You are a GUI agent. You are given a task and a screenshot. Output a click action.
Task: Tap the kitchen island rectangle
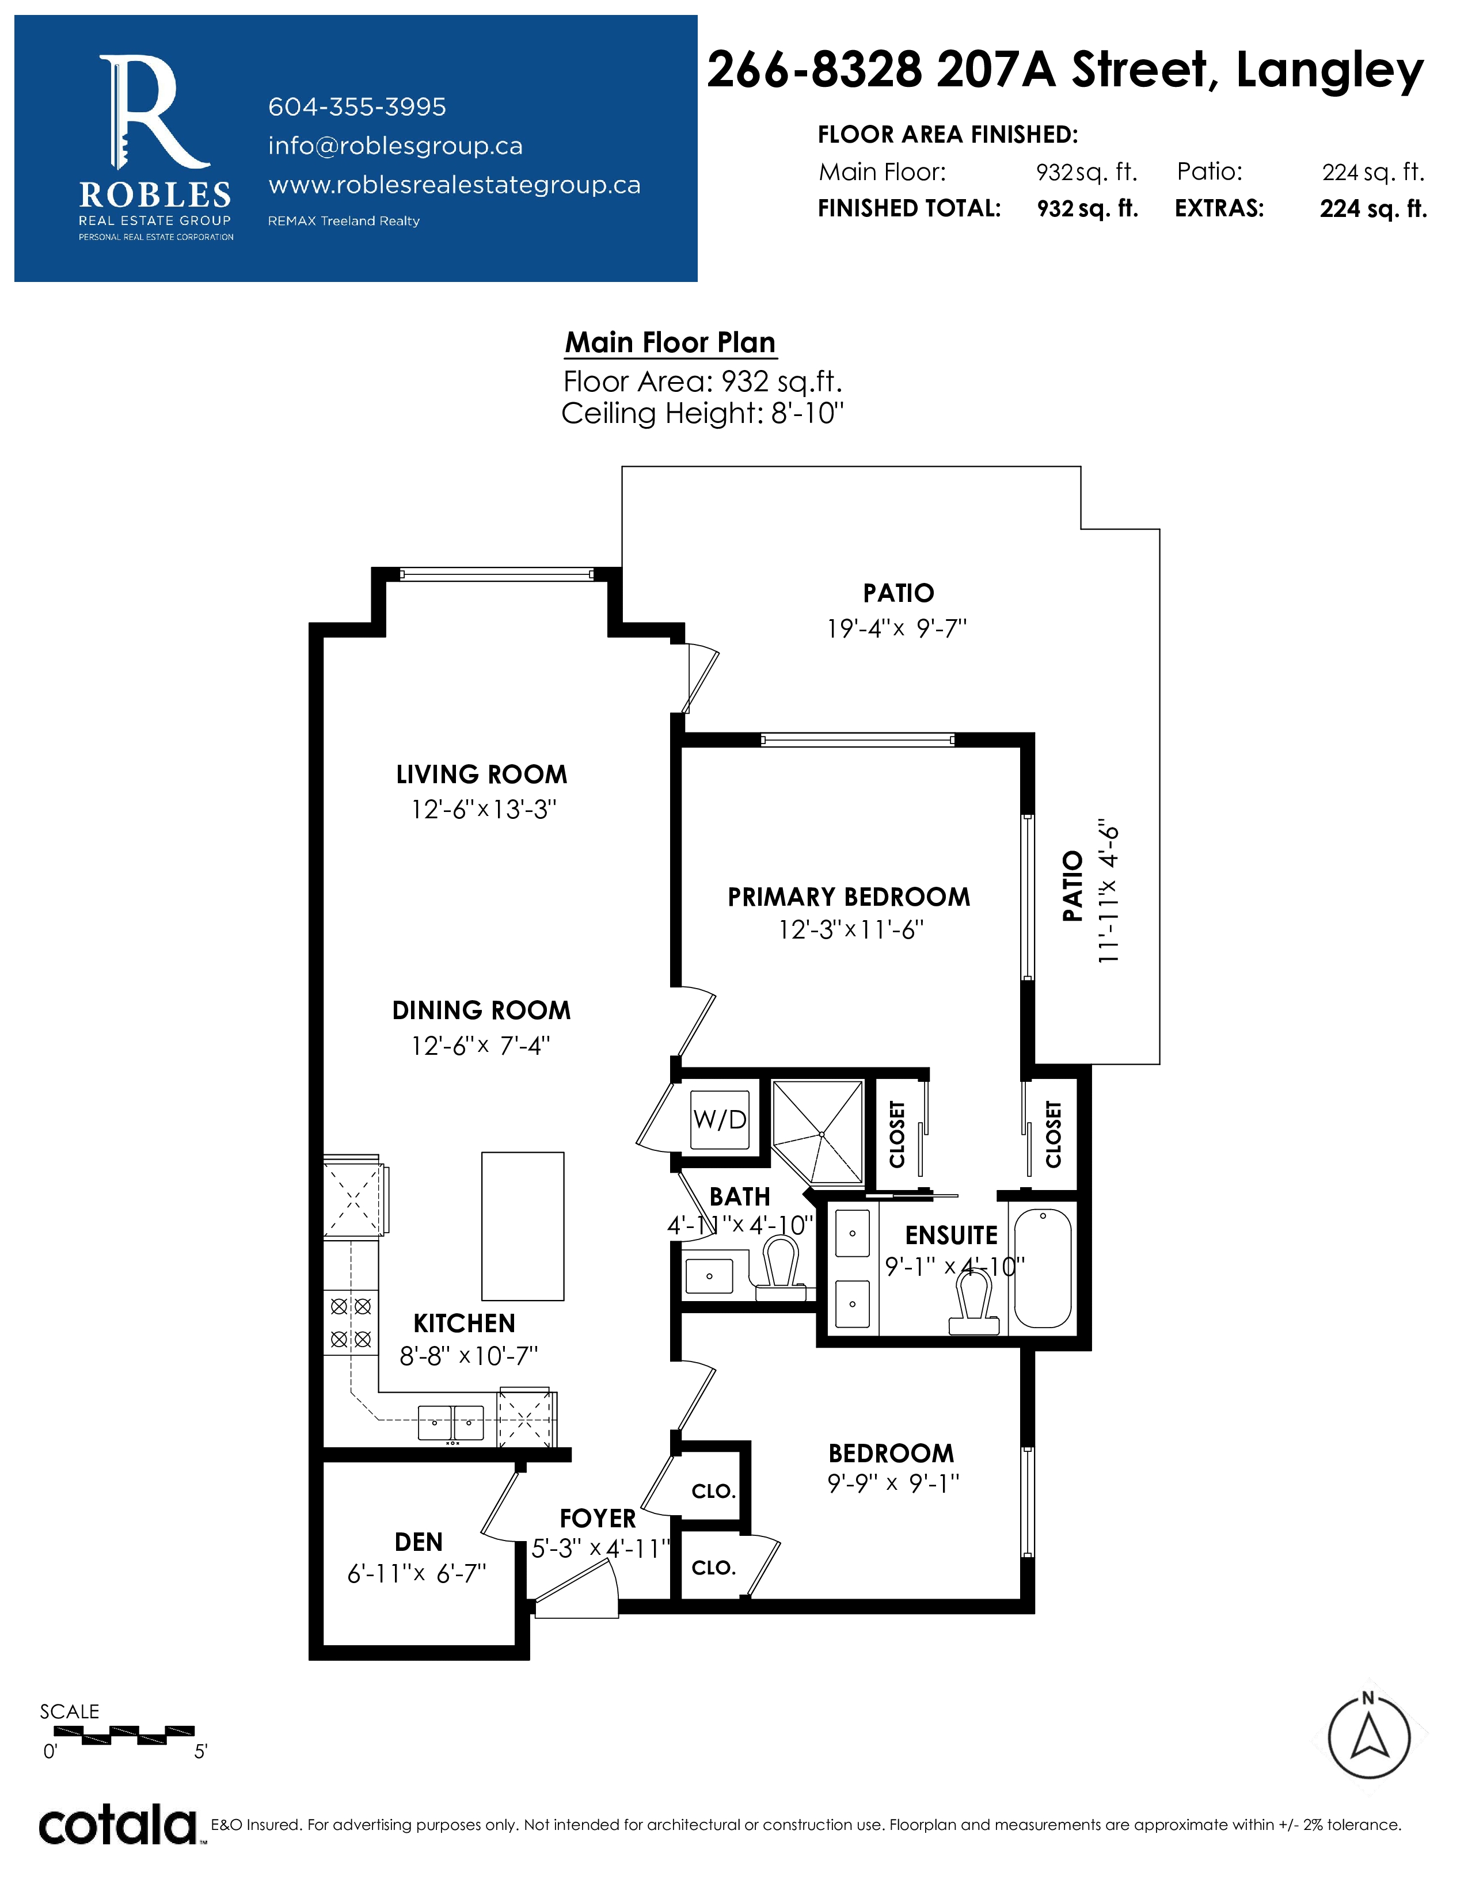[x=523, y=1226]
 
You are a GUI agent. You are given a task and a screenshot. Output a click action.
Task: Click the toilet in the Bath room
[x=779, y=1269]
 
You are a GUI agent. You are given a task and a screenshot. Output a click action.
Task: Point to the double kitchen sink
[x=451, y=1423]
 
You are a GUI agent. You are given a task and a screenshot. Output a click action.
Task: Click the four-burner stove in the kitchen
[x=351, y=1322]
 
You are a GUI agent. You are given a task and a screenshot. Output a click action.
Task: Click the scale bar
[x=124, y=1736]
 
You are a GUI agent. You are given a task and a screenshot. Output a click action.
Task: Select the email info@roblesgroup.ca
[x=395, y=146]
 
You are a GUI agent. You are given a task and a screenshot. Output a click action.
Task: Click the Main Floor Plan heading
[x=670, y=342]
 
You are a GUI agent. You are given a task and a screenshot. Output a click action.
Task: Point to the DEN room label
[x=419, y=1542]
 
